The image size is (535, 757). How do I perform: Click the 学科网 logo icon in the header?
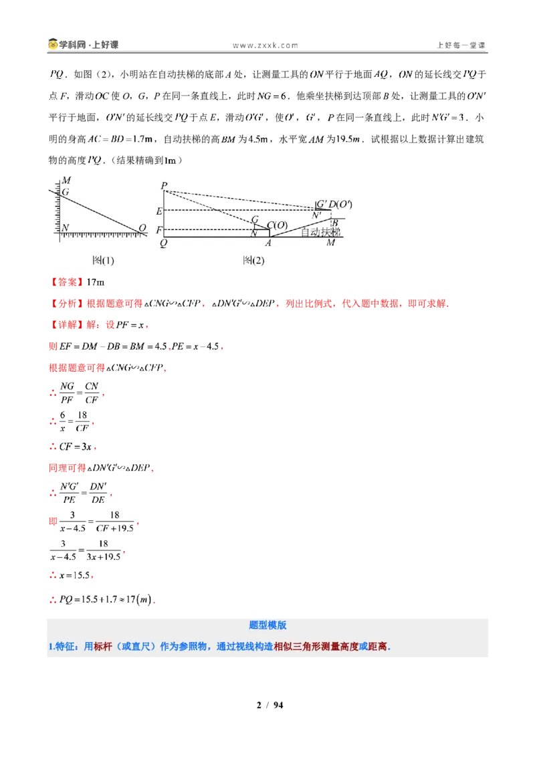(53, 44)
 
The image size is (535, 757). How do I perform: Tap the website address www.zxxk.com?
(265, 45)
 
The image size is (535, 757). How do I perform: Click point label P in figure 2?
(164, 186)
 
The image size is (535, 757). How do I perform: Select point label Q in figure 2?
(163, 243)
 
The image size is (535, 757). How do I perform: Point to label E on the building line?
(159, 211)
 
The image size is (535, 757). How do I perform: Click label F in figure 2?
(159, 230)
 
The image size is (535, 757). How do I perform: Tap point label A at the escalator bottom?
(268, 243)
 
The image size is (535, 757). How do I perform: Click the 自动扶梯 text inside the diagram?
(320, 232)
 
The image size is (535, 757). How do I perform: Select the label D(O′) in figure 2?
(340, 204)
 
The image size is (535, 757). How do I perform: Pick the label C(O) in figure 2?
(277, 225)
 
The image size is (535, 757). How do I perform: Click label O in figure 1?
(142, 228)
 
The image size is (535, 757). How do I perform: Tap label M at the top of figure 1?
(66, 180)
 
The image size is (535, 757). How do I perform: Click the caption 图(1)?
(103, 261)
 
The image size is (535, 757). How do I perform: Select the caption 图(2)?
(253, 261)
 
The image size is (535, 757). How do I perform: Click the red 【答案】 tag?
(67, 282)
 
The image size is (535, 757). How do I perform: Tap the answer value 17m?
(96, 282)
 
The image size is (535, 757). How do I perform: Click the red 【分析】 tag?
(67, 303)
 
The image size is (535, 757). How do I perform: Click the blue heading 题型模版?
(267, 625)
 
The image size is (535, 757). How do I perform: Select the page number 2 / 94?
(270, 705)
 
